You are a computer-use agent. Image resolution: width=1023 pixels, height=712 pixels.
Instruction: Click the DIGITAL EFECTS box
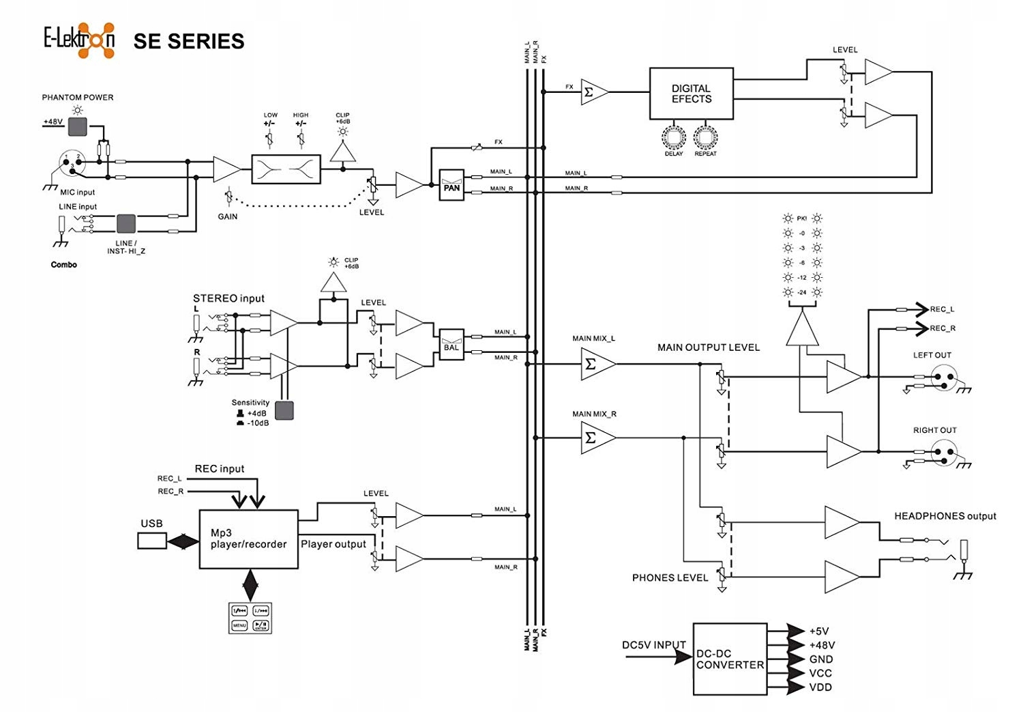click(x=691, y=94)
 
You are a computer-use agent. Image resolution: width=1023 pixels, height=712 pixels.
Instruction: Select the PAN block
click(x=451, y=184)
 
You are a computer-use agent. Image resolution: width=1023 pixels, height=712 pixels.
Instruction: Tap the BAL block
click(x=451, y=344)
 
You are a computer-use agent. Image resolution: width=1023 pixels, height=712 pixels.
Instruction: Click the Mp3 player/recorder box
click(x=248, y=539)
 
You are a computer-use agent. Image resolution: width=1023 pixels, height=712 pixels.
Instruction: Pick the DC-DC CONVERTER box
click(x=730, y=659)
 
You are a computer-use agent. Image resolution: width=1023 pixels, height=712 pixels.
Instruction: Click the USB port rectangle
click(x=151, y=541)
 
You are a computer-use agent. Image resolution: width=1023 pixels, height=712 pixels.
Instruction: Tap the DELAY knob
click(x=673, y=137)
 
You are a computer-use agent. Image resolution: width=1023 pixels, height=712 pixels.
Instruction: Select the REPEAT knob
click(x=705, y=137)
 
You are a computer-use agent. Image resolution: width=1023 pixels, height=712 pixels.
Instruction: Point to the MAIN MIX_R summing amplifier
click(x=595, y=438)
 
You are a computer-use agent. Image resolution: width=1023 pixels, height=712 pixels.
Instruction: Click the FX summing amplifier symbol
click(x=592, y=92)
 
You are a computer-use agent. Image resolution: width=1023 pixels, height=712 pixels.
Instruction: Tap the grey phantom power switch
click(x=78, y=126)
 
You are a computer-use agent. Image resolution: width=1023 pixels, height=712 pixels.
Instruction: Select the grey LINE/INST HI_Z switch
click(x=126, y=224)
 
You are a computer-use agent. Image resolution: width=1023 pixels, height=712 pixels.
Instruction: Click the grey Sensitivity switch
click(x=284, y=410)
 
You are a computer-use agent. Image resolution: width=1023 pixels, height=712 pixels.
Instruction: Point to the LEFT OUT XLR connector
click(x=944, y=378)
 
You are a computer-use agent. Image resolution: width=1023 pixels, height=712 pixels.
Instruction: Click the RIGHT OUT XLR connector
click(x=944, y=453)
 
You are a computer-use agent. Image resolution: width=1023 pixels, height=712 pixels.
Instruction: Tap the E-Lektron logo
click(x=79, y=40)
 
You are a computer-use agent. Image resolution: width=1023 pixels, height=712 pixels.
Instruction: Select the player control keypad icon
click(x=250, y=617)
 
